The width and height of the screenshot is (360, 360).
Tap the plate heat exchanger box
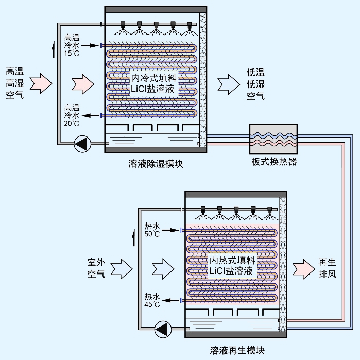tap(273, 138)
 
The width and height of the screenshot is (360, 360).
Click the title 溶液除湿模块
tap(156, 164)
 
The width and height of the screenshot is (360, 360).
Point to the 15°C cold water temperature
tap(72, 54)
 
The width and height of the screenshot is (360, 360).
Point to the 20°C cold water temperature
tap(72, 123)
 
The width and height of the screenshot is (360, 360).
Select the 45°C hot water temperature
tap(152, 305)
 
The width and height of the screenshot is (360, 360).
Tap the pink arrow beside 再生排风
tap(303, 268)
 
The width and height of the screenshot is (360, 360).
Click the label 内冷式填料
tap(154, 79)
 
